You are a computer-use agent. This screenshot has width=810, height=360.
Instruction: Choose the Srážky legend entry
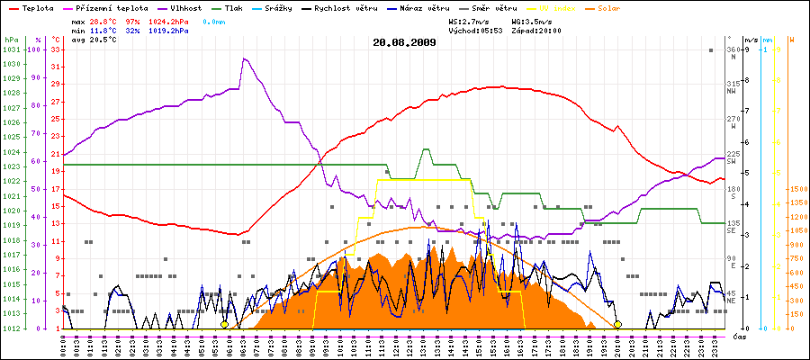tap(290, 7)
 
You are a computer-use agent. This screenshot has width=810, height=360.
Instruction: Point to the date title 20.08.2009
tap(404, 41)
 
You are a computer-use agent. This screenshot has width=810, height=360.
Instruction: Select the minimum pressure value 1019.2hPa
tap(170, 30)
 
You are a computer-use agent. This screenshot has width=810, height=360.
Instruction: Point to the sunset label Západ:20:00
tap(535, 30)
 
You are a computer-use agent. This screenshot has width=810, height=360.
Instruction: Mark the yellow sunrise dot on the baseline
tap(224, 324)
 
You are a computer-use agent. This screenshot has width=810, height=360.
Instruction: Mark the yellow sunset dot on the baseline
tap(617, 324)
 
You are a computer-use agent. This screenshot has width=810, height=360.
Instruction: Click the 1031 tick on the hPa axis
tap(11, 49)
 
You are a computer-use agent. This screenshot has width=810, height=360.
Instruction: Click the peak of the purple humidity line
tap(244, 58)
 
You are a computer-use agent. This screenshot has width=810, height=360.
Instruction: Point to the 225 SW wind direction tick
tap(733, 158)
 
